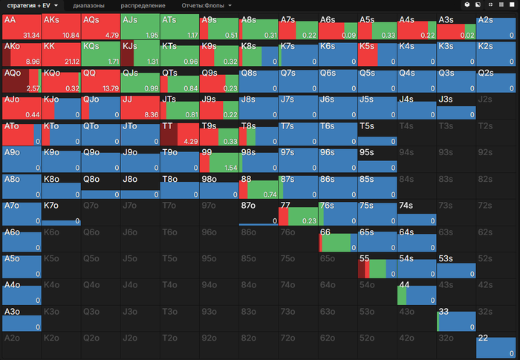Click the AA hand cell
[x=22, y=27]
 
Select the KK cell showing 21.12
[x=61, y=53]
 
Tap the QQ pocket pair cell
[x=101, y=80]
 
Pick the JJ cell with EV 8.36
[x=141, y=107]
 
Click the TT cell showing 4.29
[x=181, y=134]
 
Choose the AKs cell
[x=61, y=27]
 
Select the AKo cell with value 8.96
[x=22, y=53]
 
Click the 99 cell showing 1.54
[x=221, y=160]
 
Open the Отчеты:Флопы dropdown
[x=207, y=5]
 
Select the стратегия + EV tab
[x=33, y=5]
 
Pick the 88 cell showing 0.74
[x=261, y=187]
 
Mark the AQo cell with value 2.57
[x=22, y=80]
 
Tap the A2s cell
[x=495, y=27]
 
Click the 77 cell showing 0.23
[x=301, y=214]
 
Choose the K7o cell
[x=61, y=214]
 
